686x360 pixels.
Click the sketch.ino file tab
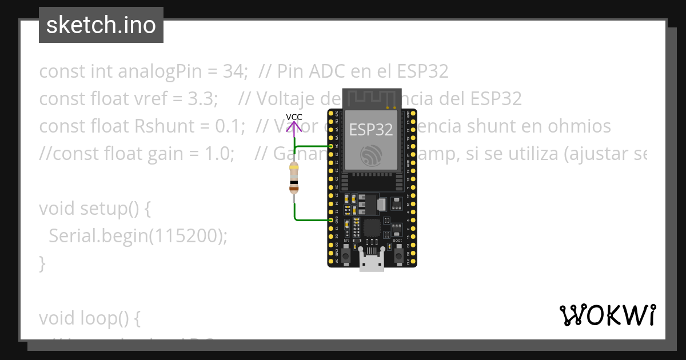coord(101,25)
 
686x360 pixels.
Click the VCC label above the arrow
coord(294,117)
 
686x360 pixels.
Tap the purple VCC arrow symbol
coord(294,127)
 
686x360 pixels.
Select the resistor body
coord(294,178)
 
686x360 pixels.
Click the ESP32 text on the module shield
coord(371,130)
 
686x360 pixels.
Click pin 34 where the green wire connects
coord(332,146)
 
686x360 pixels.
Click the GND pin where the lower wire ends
coord(332,219)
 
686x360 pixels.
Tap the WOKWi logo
coord(607,315)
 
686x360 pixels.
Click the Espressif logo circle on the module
coord(371,155)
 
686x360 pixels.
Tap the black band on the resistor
coord(294,182)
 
